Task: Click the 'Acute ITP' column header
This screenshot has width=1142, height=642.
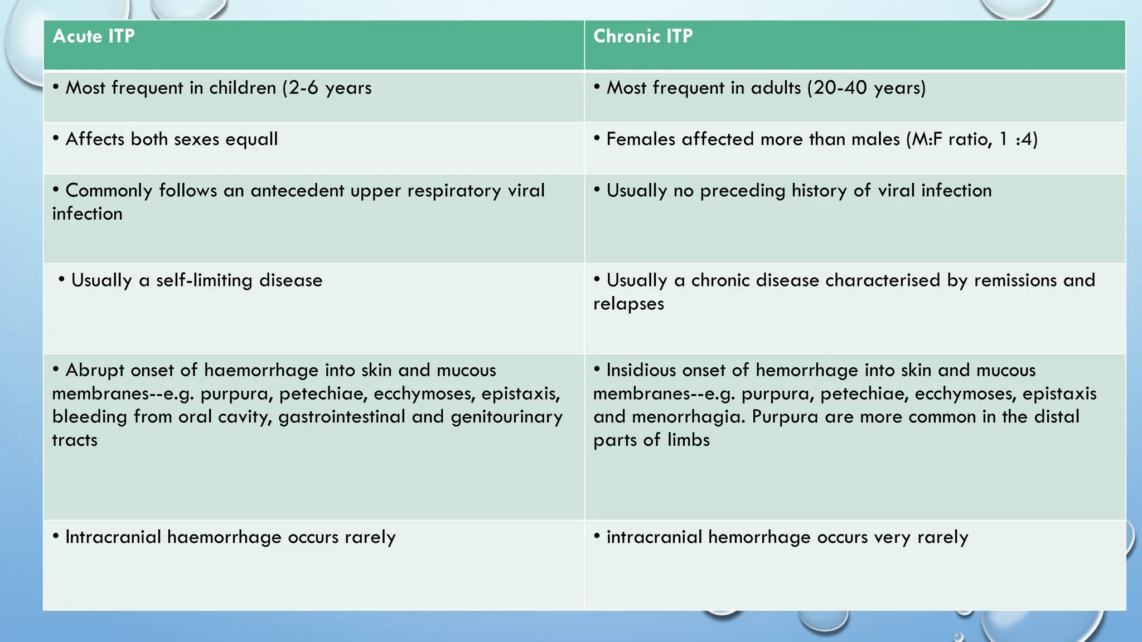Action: [94, 36]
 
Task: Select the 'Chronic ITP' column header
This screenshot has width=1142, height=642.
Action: [643, 36]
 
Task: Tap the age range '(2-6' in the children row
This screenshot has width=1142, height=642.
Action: [300, 88]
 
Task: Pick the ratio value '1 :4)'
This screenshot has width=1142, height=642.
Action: [1018, 139]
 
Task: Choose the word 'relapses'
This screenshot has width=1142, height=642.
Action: [628, 304]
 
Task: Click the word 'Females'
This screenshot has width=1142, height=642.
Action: [641, 139]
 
